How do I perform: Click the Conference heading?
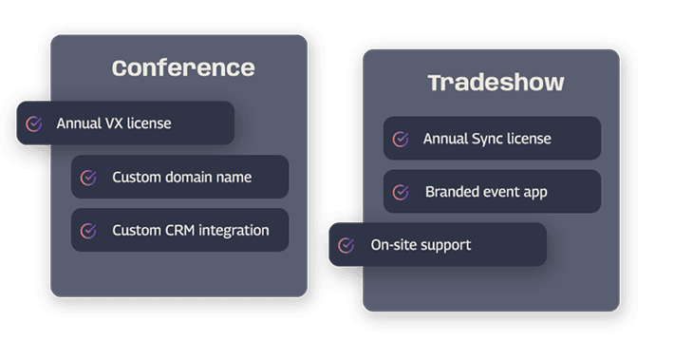click(x=183, y=68)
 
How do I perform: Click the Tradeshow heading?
click(x=496, y=83)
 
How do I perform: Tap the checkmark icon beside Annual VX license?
click(x=34, y=123)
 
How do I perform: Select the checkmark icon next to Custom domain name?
click(x=88, y=178)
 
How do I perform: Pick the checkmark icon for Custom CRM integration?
click(x=88, y=231)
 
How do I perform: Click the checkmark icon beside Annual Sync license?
click(x=401, y=139)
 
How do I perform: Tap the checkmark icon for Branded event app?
click(x=401, y=192)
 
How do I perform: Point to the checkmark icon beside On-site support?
click(x=346, y=245)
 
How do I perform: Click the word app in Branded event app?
click(x=535, y=193)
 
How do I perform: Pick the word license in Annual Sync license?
click(x=529, y=139)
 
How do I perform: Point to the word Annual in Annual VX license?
click(x=79, y=123)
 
